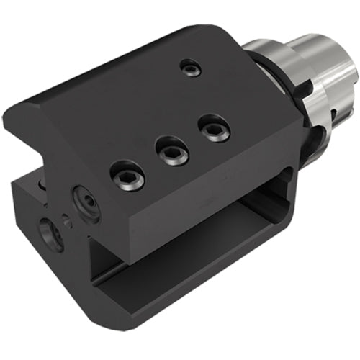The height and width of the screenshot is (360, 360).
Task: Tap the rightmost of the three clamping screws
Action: [x=214, y=129]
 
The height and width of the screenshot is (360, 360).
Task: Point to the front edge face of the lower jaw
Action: [x=180, y=295]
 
